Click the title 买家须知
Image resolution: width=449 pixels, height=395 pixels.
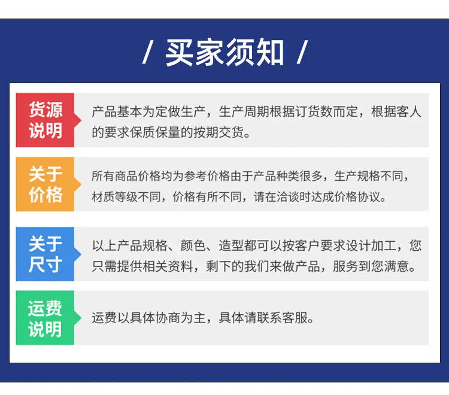tap(224, 53)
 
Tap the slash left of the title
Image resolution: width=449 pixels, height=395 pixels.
tap(148, 52)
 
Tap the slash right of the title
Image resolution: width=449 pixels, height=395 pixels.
tap(302, 52)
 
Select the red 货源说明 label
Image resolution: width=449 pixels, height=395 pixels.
tap(45, 120)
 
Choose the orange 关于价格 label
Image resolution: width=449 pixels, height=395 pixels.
tap(45, 184)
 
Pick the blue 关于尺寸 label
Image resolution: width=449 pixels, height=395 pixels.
tap(45, 254)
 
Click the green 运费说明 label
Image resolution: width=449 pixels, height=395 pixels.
tap(45, 318)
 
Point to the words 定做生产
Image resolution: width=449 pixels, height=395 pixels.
tap(180, 112)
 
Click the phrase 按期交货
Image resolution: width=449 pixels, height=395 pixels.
tap(219, 132)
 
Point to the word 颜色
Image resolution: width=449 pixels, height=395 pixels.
tap(193, 245)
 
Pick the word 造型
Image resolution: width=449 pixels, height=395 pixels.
tap(231, 245)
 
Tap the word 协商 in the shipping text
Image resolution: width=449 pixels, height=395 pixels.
tap(168, 318)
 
